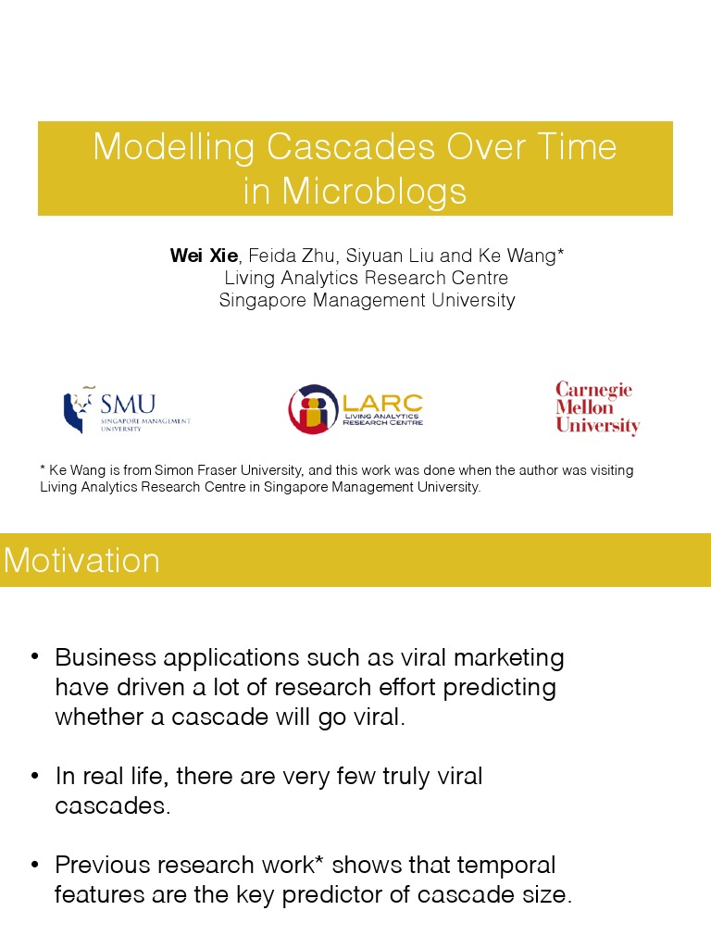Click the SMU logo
point(126,409)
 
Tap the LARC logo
point(355,409)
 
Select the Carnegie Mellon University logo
point(597,408)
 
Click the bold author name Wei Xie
point(204,256)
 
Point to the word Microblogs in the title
point(374,191)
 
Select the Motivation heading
point(81,560)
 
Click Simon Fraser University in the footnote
point(211,470)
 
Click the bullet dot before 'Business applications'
point(34,656)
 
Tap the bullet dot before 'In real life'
point(34,775)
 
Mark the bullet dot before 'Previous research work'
point(34,864)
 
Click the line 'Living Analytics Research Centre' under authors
point(367,278)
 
